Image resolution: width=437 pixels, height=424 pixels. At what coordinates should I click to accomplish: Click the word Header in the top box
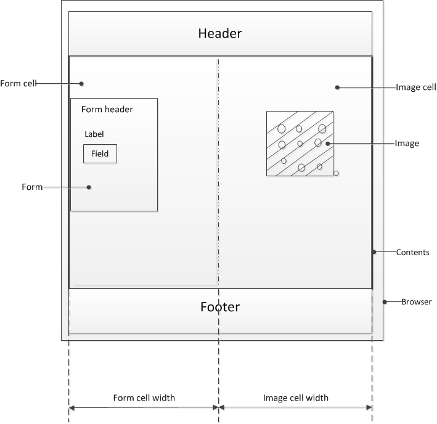(x=219, y=33)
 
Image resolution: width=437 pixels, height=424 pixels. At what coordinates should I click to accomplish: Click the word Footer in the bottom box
(x=219, y=306)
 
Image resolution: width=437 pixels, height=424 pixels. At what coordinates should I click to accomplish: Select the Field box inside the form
(x=100, y=153)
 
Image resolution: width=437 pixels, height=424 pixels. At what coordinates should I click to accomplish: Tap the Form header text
(x=107, y=109)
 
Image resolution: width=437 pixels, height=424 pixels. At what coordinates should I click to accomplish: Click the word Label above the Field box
(x=94, y=134)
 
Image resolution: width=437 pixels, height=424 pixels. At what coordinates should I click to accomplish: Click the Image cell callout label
(x=415, y=88)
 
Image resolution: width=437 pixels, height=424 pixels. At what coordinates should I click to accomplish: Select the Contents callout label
(x=412, y=252)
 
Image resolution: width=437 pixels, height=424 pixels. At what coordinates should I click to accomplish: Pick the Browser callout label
(x=416, y=302)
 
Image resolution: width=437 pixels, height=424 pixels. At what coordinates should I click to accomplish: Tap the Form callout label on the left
(x=32, y=187)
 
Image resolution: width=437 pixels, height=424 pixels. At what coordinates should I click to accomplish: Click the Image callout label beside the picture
(x=406, y=144)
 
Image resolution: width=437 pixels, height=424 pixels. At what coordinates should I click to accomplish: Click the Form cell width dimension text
(x=144, y=397)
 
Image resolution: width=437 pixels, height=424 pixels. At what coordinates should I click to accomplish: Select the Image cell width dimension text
(x=295, y=397)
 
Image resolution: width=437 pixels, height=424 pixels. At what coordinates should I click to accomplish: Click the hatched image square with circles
(x=300, y=144)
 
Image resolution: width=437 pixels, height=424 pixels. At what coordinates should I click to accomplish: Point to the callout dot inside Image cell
(x=337, y=88)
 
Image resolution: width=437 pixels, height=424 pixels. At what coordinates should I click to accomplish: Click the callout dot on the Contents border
(x=374, y=252)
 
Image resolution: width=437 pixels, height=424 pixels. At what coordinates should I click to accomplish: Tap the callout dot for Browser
(x=385, y=302)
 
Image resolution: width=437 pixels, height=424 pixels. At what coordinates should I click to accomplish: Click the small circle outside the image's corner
(x=336, y=174)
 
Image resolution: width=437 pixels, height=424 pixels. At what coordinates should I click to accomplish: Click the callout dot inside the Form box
(x=89, y=187)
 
